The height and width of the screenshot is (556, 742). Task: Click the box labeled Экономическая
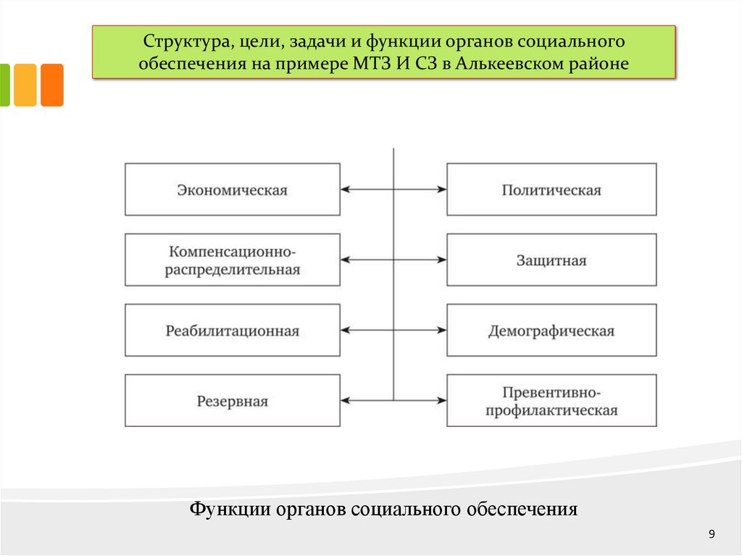[x=232, y=190]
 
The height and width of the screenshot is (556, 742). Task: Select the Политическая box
[x=551, y=190]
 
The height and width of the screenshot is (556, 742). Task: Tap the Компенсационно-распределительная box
[x=232, y=260]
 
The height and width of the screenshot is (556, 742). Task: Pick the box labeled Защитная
[x=551, y=260]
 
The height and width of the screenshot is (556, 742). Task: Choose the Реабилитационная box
[x=232, y=331]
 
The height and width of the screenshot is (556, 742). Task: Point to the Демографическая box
[x=551, y=331]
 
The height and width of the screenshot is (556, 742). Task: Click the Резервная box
[x=232, y=401]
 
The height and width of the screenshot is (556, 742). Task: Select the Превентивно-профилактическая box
[x=551, y=401]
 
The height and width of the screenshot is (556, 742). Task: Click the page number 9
[x=712, y=535]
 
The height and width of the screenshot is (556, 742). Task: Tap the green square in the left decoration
[x=4, y=85]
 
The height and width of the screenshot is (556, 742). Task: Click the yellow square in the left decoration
[x=25, y=85]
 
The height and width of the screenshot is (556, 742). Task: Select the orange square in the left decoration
[x=51, y=85]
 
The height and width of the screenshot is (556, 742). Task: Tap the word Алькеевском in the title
[x=508, y=64]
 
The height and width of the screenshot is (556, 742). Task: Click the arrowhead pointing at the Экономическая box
[x=345, y=190]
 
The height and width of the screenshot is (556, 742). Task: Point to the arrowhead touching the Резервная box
[x=345, y=400]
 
